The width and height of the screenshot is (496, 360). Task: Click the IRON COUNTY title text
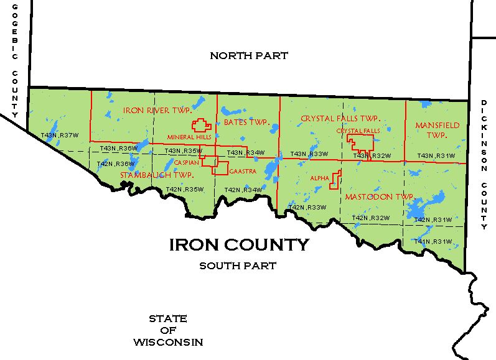239,245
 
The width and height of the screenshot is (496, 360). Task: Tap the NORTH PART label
249,56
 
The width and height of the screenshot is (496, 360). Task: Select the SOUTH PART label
238,266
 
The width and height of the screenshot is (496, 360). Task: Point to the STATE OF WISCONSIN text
167,330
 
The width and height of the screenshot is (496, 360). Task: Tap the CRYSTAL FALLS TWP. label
340,118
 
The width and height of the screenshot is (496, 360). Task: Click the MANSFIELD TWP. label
437,130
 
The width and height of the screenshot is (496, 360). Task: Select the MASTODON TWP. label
379,196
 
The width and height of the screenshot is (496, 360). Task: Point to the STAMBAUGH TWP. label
156,175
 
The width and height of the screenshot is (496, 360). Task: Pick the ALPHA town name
319,178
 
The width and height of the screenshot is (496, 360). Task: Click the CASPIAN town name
186,163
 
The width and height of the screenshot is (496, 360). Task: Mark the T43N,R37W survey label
60,136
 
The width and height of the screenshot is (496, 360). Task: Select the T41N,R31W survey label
433,241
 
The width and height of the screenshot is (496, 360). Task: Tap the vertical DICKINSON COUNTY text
484,164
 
